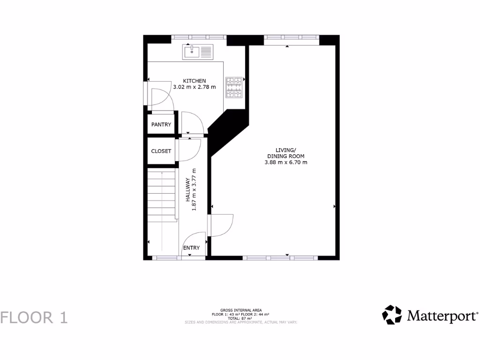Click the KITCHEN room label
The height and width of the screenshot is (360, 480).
coord(194,81)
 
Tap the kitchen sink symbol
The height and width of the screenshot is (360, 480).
coord(198,52)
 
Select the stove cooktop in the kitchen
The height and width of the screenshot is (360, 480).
coord(234,87)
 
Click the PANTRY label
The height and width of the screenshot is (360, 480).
coord(161,125)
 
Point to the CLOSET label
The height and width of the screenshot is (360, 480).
coord(161,151)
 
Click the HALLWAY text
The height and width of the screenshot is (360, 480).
coord(187,190)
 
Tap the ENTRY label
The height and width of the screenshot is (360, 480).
coord(191,247)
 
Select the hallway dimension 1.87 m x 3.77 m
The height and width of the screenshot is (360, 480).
coord(194,190)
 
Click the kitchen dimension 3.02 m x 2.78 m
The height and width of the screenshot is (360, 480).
coord(194,87)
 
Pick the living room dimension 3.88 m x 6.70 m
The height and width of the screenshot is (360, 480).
coord(285,162)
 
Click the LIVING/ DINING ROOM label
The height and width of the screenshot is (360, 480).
coord(285,153)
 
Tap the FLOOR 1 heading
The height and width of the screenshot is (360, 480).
coord(34,317)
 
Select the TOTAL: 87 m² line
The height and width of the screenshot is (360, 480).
coord(240,318)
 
